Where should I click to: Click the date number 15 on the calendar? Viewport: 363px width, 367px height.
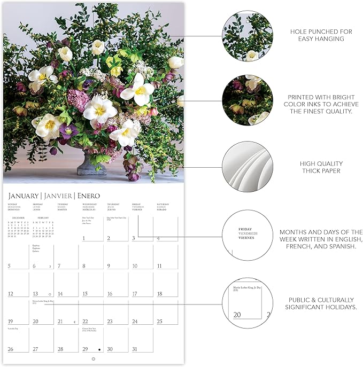(86, 293)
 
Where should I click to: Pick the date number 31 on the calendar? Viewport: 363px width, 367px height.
(135, 349)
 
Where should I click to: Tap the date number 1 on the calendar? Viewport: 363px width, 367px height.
(84, 238)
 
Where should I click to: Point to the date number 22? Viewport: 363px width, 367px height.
(85, 321)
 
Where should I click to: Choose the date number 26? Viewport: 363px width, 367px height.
(10, 349)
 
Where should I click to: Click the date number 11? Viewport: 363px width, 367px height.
(159, 266)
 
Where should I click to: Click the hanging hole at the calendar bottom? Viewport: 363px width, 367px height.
(94, 359)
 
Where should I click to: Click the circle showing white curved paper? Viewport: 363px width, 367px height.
(247, 167)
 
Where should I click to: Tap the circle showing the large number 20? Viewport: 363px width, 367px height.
(247, 302)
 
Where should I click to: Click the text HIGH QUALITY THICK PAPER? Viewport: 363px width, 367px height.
(321, 167)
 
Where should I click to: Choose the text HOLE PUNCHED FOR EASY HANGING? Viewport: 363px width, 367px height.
(321, 35)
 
